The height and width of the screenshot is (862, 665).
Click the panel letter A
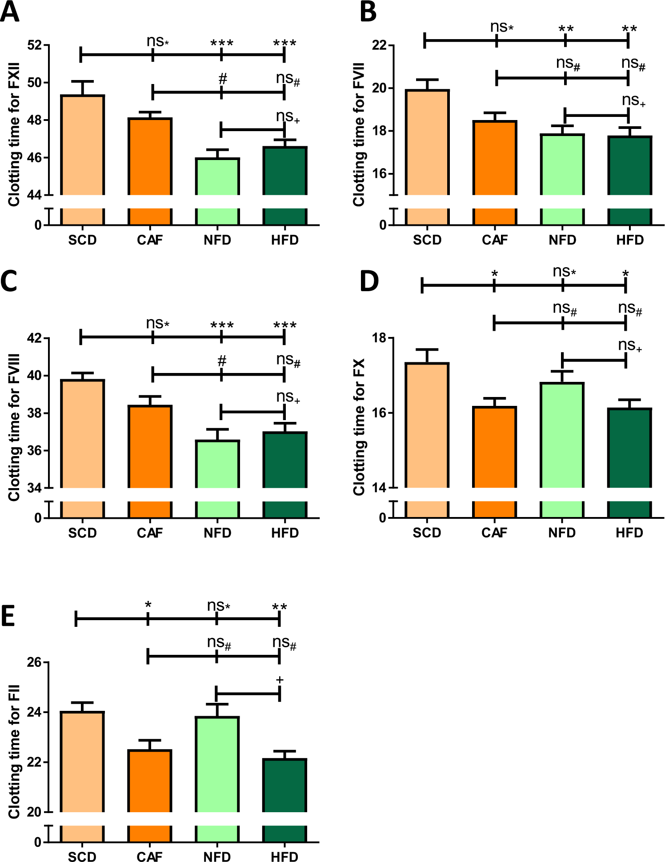click(x=10, y=12)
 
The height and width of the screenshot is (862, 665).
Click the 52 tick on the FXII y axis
click(x=35, y=45)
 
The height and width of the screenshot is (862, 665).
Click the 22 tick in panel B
click(x=380, y=45)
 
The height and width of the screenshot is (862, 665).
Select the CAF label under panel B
click(x=494, y=240)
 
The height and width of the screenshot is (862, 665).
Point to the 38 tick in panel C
click(x=35, y=413)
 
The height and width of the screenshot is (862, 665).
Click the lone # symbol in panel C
click(x=222, y=361)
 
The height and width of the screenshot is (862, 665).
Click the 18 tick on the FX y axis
click(x=380, y=338)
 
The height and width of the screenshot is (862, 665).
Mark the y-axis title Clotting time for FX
click(x=358, y=427)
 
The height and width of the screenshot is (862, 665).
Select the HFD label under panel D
click(x=629, y=533)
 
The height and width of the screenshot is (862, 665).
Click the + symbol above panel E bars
click(x=280, y=680)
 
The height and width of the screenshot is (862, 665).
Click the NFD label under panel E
click(x=217, y=857)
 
